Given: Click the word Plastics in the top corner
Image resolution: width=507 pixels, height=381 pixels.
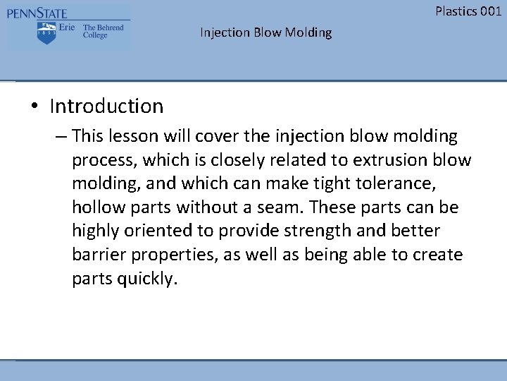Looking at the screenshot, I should pos(456,11).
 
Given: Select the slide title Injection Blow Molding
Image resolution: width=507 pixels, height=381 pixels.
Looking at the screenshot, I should pos(265,32).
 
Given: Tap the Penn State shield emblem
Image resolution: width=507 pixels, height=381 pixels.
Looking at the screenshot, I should pos(47,32).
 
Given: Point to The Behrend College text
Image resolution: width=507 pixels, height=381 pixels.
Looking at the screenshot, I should pos(103,31).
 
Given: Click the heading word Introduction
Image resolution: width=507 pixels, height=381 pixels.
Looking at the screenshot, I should pos(106,107).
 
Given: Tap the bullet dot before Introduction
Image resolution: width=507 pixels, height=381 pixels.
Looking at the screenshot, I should pos(34,107).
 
